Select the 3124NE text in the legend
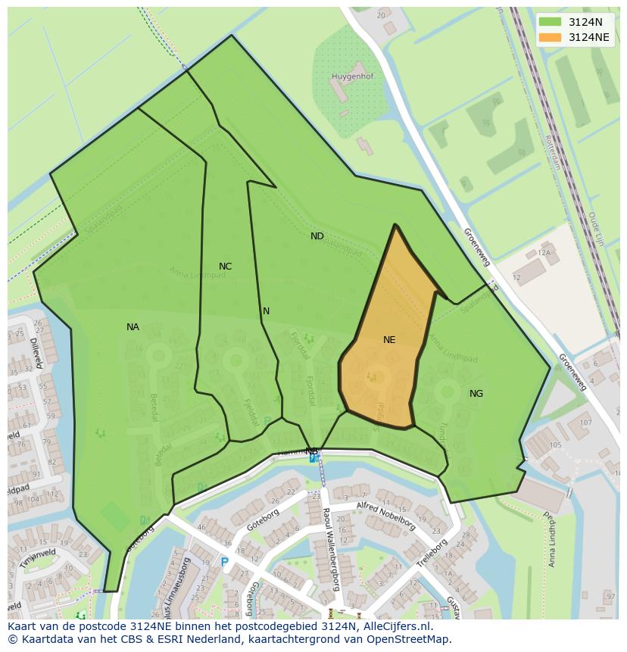point(588,37)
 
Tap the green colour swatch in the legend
point(551,22)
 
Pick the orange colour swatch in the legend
point(551,37)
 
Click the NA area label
point(133,327)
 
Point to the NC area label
point(225,267)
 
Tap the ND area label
point(317,236)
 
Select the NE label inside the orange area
point(389,340)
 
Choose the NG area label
point(476,394)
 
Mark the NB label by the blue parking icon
point(311,451)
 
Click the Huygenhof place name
point(352,76)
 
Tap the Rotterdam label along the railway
point(552,152)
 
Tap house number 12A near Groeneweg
point(544,253)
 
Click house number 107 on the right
point(585,423)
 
